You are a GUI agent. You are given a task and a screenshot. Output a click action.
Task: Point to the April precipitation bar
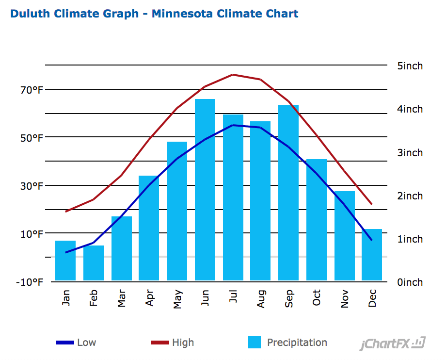pos(149,228)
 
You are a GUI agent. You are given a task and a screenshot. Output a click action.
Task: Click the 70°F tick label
pos(32,90)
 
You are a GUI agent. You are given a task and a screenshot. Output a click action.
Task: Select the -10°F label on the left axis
pos(30,282)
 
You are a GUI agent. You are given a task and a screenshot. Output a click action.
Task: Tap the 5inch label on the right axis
pos(410,66)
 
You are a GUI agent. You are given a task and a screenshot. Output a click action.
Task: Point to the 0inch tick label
pos(410,282)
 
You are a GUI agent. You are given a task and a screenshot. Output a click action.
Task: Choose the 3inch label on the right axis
pos(410,153)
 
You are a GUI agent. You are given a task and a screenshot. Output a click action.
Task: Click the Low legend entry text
pos(86,343)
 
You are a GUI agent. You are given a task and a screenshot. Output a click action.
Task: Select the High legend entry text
pos(183,343)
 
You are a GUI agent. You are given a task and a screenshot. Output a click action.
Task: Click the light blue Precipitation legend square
pos(255,343)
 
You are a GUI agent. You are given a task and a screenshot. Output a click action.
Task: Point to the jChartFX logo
pos(392,344)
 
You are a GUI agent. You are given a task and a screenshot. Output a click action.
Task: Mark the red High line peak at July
pos(233,75)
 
